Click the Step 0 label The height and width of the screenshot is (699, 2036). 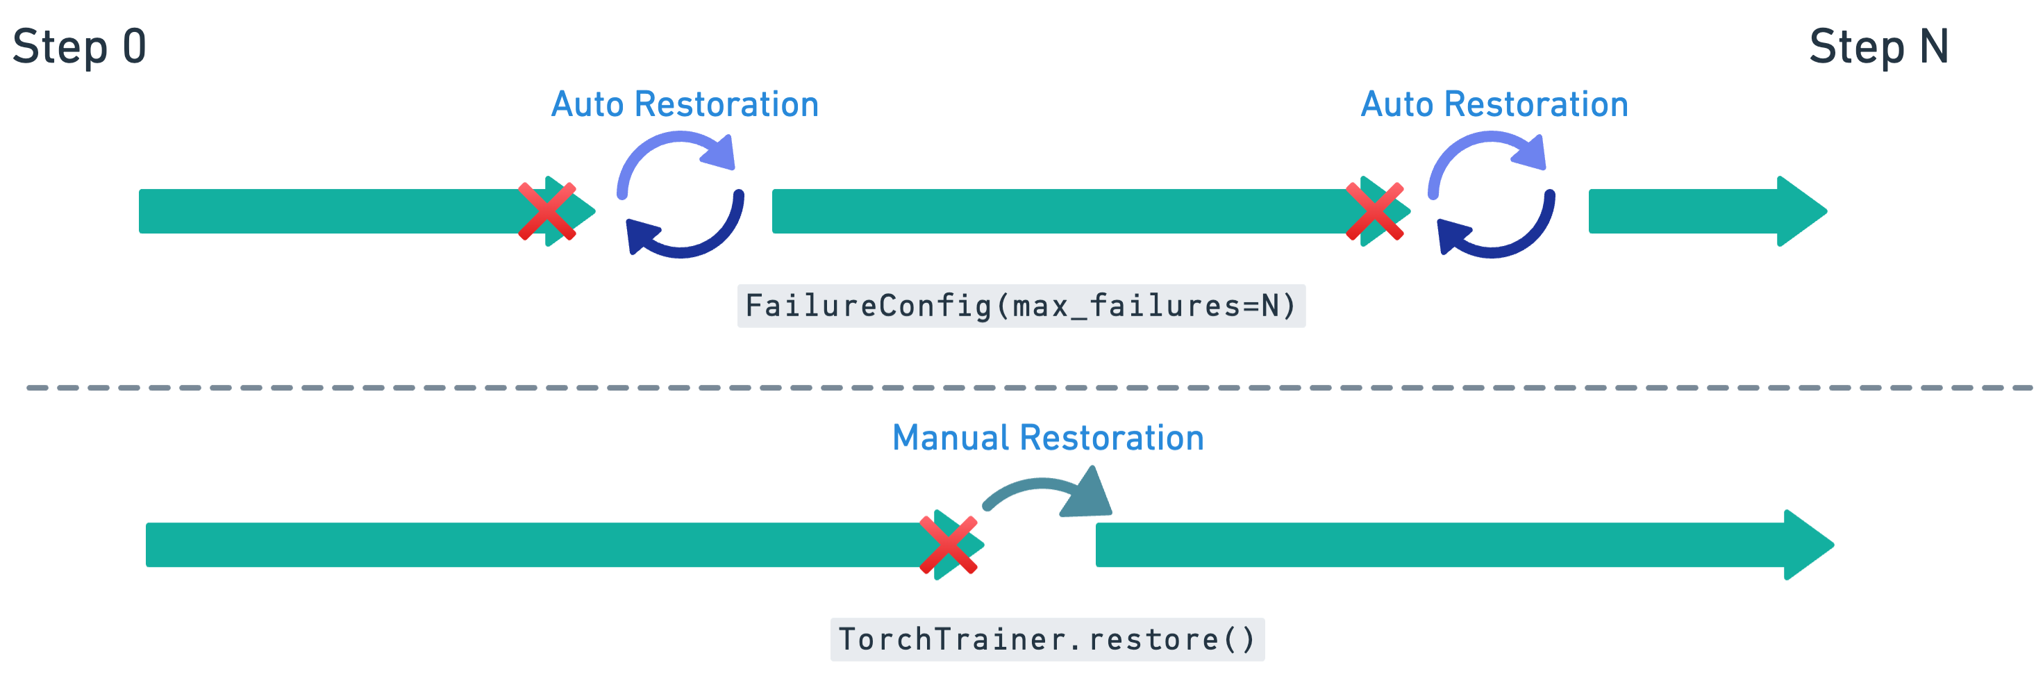[80, 47]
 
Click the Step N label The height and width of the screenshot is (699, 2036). [1878, 47]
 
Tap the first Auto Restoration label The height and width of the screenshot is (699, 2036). [685, 104]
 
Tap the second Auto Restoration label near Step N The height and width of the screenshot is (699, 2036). [1494, 104]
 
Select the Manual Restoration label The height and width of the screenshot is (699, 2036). [1047, 438]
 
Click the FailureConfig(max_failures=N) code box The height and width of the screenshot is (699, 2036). [1021, 306]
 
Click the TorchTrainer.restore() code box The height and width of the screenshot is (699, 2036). [1047, 640]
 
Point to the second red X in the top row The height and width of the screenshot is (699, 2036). [1374, 211]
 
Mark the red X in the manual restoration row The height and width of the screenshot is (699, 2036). [949, 545]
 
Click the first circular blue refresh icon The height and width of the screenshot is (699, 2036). [681, 195]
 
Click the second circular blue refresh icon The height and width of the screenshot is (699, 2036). [1492, 195]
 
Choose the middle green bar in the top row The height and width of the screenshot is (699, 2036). [1059, 211]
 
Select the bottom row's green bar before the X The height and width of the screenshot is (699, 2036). [530, 545]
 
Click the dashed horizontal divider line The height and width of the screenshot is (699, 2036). [1028, 388]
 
